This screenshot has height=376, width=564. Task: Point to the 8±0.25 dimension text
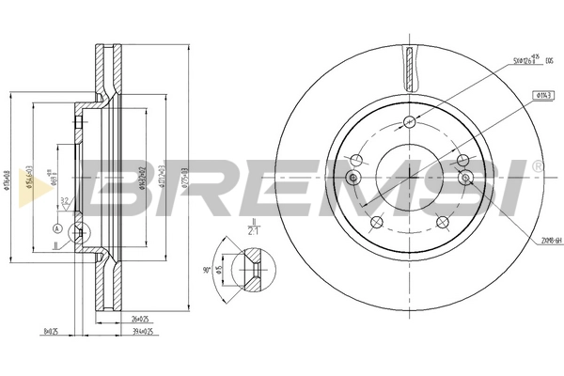pyautogui.click(x=53, y=331)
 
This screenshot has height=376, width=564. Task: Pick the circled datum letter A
pyautogui.click(x=58, y=229)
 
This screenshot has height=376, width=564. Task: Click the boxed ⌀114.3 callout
pyautogui.click(x=542, y=95)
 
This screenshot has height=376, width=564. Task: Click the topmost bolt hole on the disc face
pyautogui.click(x=409, y=120)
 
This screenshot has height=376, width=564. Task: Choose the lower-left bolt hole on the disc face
pyautogui.click(x=376, y=222)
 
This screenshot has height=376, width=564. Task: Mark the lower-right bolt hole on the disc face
pyautogui.click(x=442, y=222)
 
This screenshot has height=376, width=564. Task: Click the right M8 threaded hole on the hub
pyautogui.click(x=463, y=178)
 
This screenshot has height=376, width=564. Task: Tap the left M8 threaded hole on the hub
pyautogui.click(x=354, y=179)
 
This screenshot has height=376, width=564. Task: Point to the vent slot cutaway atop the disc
pyautogui.click(x=409, y=66)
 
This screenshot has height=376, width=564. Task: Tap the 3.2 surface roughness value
pyautogui.click(x=64, y=200)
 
